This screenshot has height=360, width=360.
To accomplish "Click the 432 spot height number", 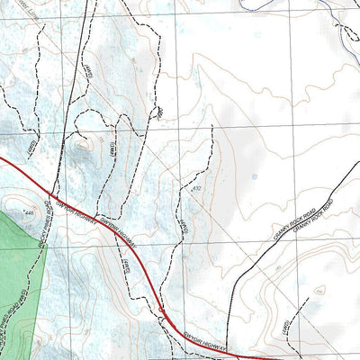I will [x=197, y=188].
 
